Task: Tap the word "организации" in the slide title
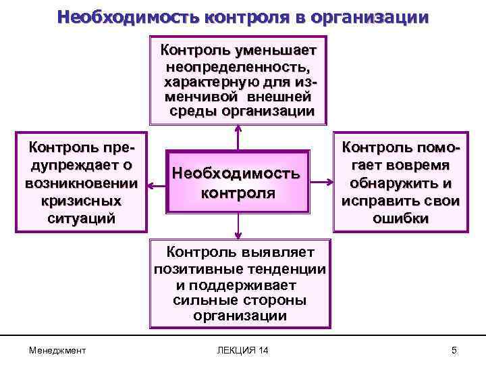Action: pos(371,16)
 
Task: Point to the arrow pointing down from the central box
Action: pos(237,227)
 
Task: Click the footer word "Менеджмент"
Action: pos(57,350)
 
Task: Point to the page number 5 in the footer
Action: pos(454,350)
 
